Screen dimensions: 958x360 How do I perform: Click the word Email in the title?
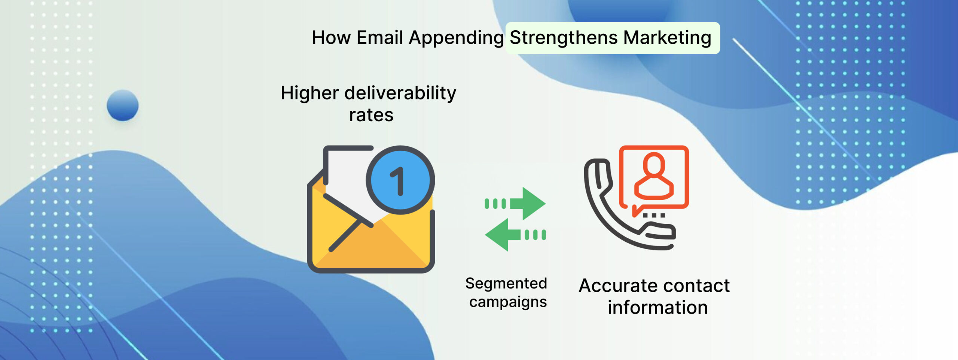(x=380, y=37)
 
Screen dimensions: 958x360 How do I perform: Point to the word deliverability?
(x=400, y=94)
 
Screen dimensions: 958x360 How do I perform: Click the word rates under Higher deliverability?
(x=371, y=115)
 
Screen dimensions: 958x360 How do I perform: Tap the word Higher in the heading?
(x=309, y=94)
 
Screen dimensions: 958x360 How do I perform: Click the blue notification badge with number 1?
(x=400, y=180)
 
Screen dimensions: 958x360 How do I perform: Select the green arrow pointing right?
(x=515, y=203)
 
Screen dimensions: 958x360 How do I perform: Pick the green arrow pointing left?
(x=515, y=235)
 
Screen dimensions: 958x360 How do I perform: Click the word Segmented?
(x=506, y=284)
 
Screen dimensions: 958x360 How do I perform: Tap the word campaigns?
(x=508, y=302)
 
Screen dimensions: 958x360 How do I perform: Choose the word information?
(x=658, y=308)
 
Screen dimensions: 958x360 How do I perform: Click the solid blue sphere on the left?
(x=122, y=105)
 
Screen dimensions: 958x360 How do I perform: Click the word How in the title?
(x=332, y=37)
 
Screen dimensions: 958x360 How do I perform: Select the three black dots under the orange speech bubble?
(x=654, y=215)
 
